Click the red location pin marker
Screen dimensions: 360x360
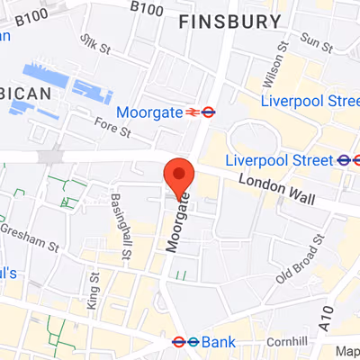178,174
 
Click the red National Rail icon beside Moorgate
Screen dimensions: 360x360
192,112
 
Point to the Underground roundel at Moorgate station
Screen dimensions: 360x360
208,112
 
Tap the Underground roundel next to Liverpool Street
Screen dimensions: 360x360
343,160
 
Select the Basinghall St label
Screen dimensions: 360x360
121,228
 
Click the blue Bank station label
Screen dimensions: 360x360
217,342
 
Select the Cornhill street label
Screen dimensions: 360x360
287,340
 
